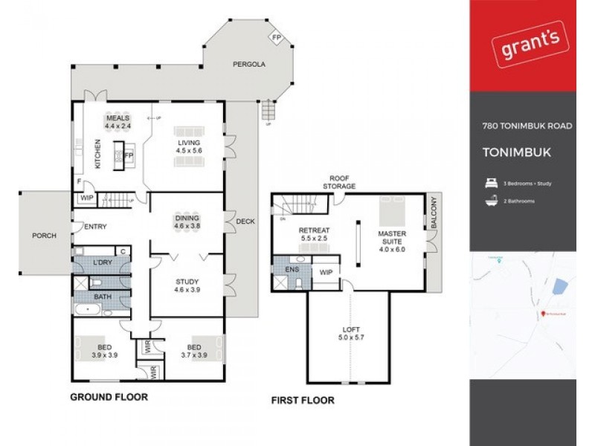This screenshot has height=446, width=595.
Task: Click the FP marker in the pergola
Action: click(276, 38)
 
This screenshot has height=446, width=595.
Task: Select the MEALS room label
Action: click(118, 122)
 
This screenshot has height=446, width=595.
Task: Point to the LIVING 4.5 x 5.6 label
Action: click(189, 146)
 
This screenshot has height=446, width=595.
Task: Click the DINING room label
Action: click(187, 221)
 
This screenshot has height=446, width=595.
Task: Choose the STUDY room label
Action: click(187, 286)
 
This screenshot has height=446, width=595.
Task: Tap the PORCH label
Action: click(44, 236)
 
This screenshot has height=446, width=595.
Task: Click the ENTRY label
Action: click(94, 227)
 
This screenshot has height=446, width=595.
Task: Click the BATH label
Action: click(103, 296)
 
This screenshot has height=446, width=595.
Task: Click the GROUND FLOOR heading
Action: click(109, 397)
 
